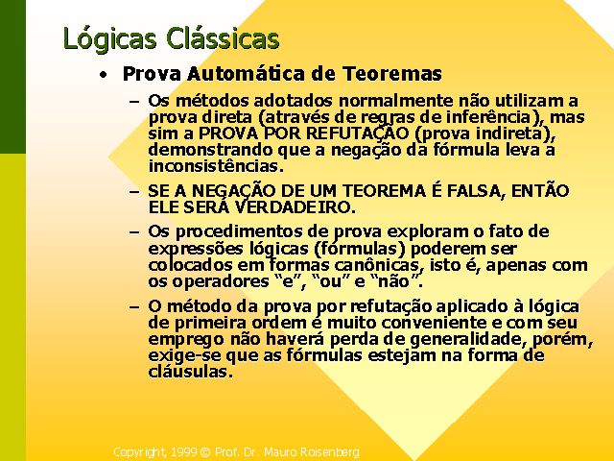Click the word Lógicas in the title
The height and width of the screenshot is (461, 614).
(x=109, y=38)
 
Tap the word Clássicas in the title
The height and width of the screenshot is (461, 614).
(x=223, y=38)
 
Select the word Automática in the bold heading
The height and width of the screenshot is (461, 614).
(x=246, y=73)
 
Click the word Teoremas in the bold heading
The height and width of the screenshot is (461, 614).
(x=392, y=73)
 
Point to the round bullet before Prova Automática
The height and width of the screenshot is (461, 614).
(x=103, y=75)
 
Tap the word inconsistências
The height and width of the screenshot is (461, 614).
(x=216, y=166)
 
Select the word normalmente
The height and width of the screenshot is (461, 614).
(x=395, y=101)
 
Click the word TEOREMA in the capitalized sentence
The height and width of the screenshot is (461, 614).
(x=384, y=191)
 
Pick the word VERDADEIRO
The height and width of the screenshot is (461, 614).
(x=295, y=207)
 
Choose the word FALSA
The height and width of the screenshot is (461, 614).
(x=476, y=191)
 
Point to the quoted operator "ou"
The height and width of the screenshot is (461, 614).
(x=325, y=281)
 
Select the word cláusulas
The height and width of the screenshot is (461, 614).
(x=191, y=372)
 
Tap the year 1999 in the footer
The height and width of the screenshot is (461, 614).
(x=184, y=452)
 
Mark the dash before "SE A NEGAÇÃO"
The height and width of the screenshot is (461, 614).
(x=134, y=192)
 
